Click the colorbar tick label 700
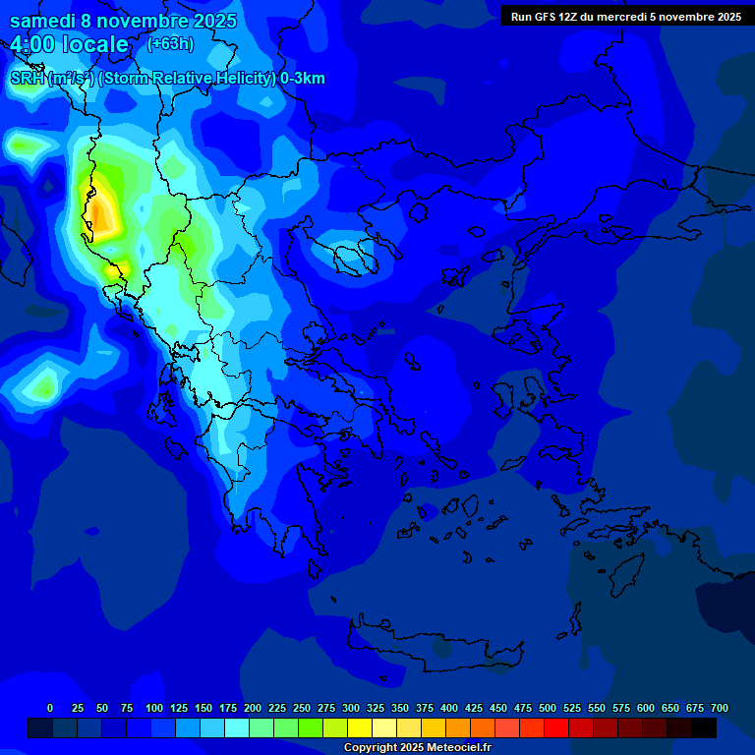(x=719, y=708)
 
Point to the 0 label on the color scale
(x=50, y=708)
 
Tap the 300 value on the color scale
(x=351, y=708)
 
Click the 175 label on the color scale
(x=228, y=708)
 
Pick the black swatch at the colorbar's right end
(x=704, y=727)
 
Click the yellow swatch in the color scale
(x=360, y=727)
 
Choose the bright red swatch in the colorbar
(x=556, y=727)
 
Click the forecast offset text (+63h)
(x=170, y=43)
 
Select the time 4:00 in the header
(x=33, y=44)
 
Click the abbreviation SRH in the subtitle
(x=27, y=79)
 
